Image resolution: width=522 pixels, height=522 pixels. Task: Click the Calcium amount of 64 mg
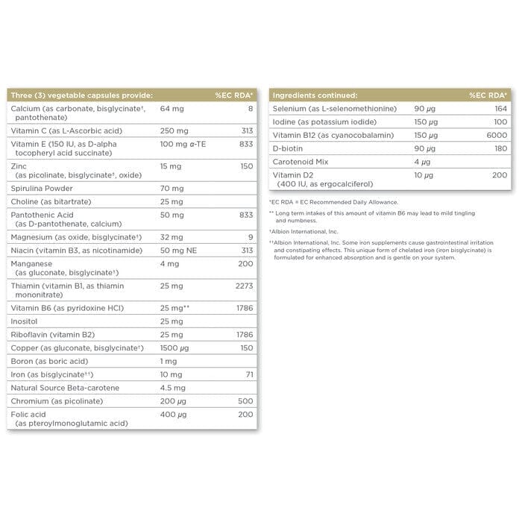[172, 109]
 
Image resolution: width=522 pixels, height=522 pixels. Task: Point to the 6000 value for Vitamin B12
[497, 135]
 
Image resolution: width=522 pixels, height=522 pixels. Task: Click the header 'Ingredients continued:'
[315, 95]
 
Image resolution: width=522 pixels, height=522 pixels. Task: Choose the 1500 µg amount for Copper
[175, 348]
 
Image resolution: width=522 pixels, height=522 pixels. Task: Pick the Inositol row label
[25, 321]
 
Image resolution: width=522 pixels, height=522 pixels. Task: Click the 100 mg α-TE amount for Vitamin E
[185, 143]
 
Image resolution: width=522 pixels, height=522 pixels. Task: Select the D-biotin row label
[291, 148]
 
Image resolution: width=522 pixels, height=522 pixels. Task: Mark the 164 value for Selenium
[500, 109]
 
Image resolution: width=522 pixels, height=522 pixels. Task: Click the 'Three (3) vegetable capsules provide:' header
[81, 95]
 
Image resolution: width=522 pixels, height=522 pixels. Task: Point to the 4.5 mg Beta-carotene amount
[174, 388]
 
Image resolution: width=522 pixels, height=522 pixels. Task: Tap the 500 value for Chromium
[245, 401]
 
